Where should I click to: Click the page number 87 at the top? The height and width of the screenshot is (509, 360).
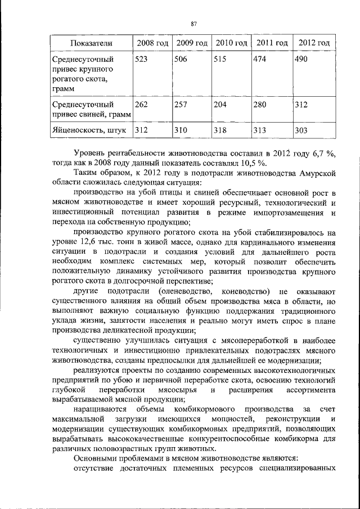[193, 24]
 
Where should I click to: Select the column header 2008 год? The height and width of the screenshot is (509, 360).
[152, 43]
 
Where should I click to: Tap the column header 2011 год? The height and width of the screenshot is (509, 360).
[272, 43]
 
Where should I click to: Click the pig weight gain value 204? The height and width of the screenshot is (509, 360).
[222, 104]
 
